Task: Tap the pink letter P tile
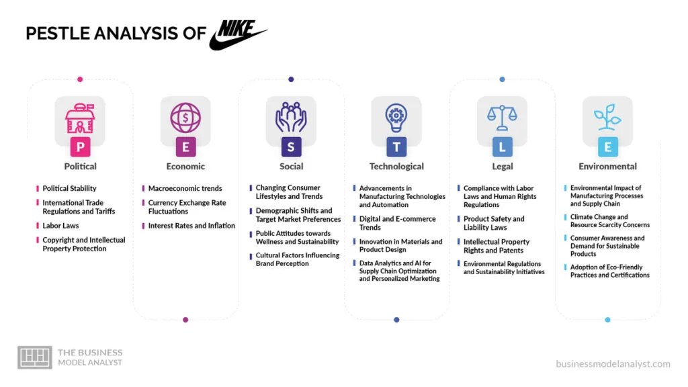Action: pyautogui.click(x=80, y=146)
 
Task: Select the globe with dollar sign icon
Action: pyautogui.click(x=185, y=118)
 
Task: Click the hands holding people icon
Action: pyautogui.click(x=291, y=118)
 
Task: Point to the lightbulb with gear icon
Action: pyautogui.click(x=396, y=118)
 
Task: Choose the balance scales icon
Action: pyautogui.click(x=502, y=118)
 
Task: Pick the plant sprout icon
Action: pyautogui.click(x=607, y=118)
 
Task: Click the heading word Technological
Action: pyautogui.click(x=396, y=166)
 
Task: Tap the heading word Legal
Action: pyautogui.click(x=502, y=166)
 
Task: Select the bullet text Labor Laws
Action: pyautogui.click(x=60, y=226)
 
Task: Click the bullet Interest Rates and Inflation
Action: pyautogui.click(x=191, y=226)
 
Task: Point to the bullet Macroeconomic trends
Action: pyautogui.click(x=185, y=189)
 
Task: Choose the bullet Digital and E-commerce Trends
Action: pyautogui.click(x=397, y=223)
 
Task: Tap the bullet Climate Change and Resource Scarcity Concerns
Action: pyautogui.click(x=609, y=221)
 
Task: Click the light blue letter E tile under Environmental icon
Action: pyautogui.click(x=607, y=146)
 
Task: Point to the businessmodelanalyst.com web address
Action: pyautogui.click(x=613, y=364)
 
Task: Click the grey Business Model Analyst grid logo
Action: pyautogui.click(x=34, y=357)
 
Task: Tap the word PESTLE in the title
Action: pyautogui.click(x=62, y=34)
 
